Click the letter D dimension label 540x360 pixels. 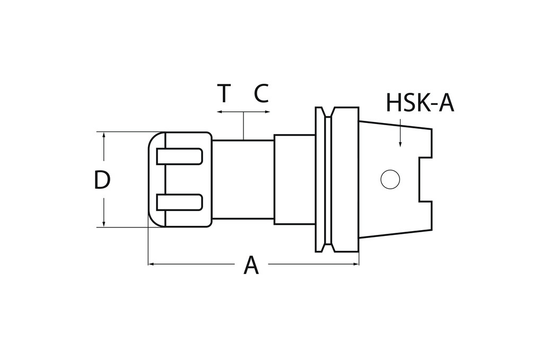click(101, 180)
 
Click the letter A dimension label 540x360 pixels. click(251, 265)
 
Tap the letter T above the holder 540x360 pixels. click(224, 94)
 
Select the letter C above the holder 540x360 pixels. click(261, 94)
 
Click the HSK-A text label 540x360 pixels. click(420, 103)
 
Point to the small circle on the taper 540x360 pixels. click(390, 180)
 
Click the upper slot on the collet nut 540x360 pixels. click(179, 156)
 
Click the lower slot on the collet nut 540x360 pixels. click(179, 202)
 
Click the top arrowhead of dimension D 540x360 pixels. click(104, 135)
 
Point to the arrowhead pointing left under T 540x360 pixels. click(220, 112)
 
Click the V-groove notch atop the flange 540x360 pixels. click(328, 112)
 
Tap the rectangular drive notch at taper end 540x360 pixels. click(425, 179)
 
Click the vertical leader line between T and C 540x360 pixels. click(243, 126)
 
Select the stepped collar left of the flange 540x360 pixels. click(294, 179)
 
